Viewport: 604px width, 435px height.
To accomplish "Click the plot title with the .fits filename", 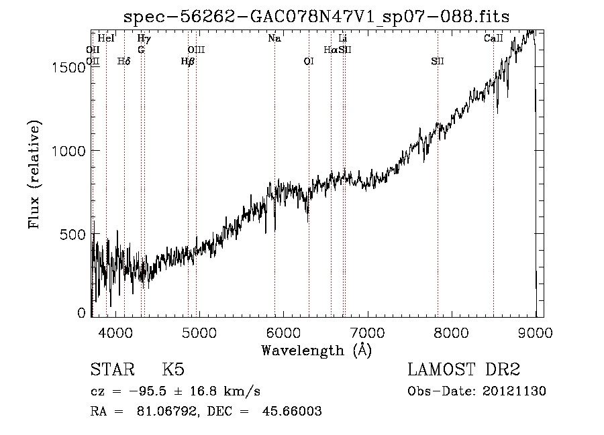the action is pyautogui.click(x=316, y=17).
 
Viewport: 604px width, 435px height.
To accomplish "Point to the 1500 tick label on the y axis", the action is pyautogui.click(x=68, y=68).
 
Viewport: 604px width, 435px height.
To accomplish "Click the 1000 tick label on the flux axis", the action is pyautogui.click(x=68, y=151).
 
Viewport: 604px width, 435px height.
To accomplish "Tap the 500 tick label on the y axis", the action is pyautogui.click(x=72, y=234).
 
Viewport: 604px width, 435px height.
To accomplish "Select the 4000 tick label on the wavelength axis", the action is pyautogui.click(x=115, y=332).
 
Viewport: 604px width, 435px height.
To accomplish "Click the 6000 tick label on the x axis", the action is pyautogui.click(x=283, y=332).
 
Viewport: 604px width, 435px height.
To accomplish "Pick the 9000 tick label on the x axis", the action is pyautogui.click(x=536, y=332).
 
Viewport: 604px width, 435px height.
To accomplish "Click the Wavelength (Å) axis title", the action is pyautogui.click(x=317, y=351).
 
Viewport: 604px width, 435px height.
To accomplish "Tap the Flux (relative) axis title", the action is pyautogui.click(x=34, y=175).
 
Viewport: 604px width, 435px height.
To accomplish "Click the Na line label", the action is pyautogui.click(x=274, y=38).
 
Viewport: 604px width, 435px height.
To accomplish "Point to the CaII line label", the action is pyautogui.click(x=493, y=38).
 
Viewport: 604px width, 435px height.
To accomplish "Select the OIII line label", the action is pyautogui.click(x=196, y=50).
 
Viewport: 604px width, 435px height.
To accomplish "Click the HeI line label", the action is pyautogui.click(x=106, y=38).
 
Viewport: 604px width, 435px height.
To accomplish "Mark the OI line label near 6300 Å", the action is pyautogui.click(x=309, y=61).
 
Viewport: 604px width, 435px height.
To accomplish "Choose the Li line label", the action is pyautogui.click(x=343, y=38).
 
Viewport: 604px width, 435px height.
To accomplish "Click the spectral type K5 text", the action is pyautogui.click(x=173, y=369).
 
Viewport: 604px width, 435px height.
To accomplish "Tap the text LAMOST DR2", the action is pyautogui.click(x=464, y=369).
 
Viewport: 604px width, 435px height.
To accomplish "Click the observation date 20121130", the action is pyautogui.click(x=514, y=391).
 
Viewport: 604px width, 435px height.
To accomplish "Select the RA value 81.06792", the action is pyautogui.click(x=168, y=411).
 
